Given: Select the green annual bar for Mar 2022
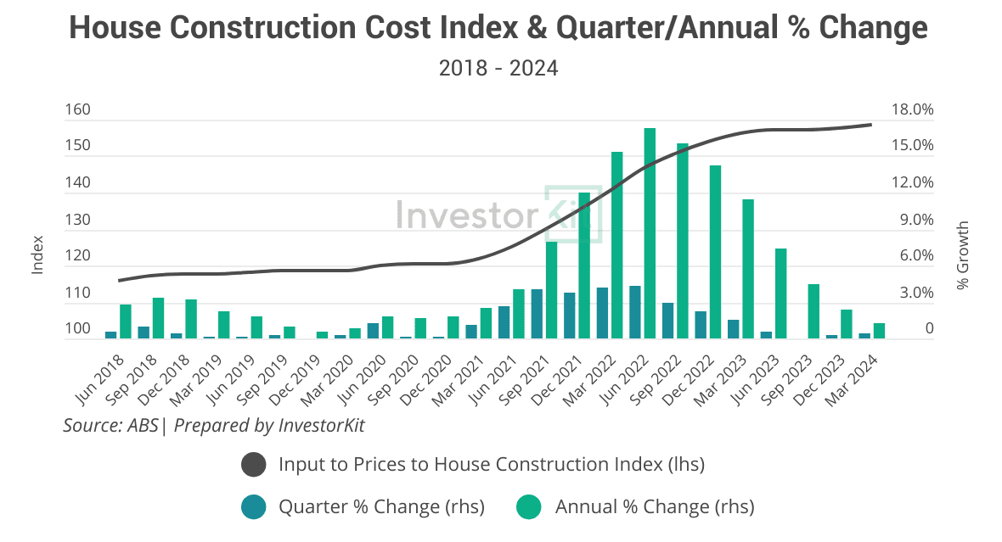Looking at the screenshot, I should pos(616,245).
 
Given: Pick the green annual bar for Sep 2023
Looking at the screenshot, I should pos(813,311).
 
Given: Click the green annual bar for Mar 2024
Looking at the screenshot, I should pos(879,331).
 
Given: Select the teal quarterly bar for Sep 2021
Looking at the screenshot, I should pos(536,314).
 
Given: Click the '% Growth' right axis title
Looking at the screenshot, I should pos(962,255).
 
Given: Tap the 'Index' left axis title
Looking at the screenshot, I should pos(37,254).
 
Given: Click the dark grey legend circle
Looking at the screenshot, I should pos(254,465).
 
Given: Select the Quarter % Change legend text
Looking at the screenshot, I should pos(381,507).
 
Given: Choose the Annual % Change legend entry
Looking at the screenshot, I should pos(654,507).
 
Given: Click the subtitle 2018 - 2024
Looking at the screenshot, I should pos(498,68).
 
